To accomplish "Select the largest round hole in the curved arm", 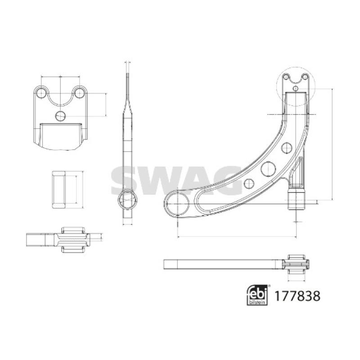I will [268, 169].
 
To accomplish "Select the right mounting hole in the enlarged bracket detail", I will [80, 93].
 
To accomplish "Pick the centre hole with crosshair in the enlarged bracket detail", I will [60, 116].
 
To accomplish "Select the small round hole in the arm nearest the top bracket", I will [287, 147].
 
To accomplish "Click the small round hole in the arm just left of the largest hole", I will [248, 183].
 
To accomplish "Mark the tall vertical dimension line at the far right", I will [332, 144].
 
